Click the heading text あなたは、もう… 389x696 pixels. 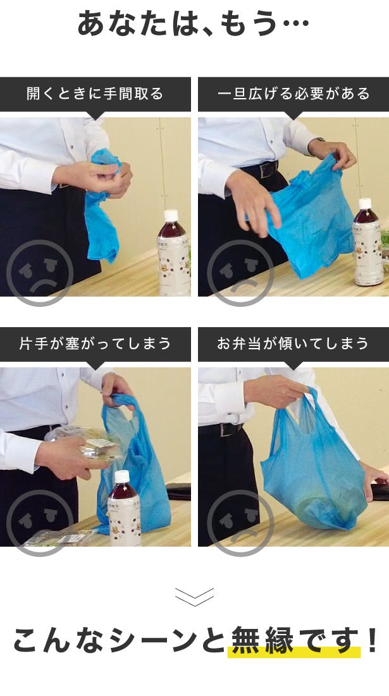(194, 23)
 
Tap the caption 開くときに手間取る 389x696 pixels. (95, 94)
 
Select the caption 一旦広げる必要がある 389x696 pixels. (293, 94)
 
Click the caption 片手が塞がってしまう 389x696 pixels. (95, 344)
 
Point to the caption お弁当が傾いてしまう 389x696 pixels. (293, 344)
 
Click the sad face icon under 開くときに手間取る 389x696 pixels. (40, 273)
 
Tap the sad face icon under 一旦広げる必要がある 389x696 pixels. (240, 273)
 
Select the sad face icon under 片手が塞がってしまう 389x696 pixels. (40, 523)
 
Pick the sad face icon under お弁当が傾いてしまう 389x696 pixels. (240, 523)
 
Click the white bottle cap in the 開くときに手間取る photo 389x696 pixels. (171, 215)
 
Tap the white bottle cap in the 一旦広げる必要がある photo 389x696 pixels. (364, 204)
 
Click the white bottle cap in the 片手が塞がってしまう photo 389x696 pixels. (121, 476)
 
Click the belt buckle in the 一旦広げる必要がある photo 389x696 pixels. (268, 169)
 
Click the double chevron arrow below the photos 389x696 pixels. (194, 597)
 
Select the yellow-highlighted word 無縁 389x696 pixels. (262, 640)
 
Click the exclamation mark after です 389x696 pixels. (373, 640)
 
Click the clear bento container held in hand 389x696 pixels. (84, 444)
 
